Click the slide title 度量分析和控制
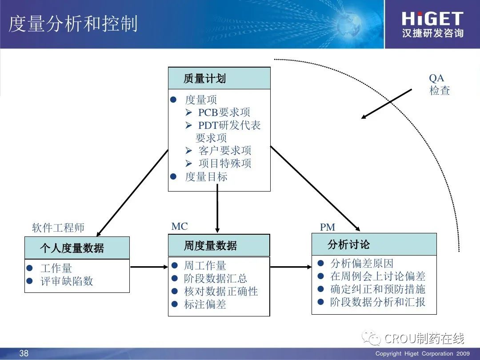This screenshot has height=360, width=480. pyautogui.click(x=73, y=24)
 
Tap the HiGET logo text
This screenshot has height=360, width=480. pyautogui.click(x=432, y=19)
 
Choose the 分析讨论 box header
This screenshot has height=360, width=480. pyautogui.click(x=349, y=244)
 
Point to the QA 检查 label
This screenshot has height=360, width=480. pyautogui.click(x=439, y=84)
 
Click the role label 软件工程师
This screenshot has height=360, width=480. pyautogui.click(x=58, y=228)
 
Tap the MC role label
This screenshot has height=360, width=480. pyautogui.click(x=180, y=226)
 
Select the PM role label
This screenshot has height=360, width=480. pyautogui.click(x=328, y=227)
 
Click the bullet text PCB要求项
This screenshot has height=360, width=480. pyautogui.click(x=224, y=112)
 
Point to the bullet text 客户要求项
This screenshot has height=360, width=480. pyautogui.click(x=224, y=150)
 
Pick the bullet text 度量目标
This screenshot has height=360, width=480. pyautogui.click(x=206, y=176)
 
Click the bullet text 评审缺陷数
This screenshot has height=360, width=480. pyautogui.click(x=67, y=281)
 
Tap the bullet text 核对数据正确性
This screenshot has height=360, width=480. pyautogui.click(x=221, y=292)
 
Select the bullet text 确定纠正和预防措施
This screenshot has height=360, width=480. pyautogui.click(x=378, y=289)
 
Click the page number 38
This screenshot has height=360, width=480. pyautogui.click(x=24, y=353)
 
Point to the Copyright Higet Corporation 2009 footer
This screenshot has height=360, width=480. pyautogui.click(x=422, y=354)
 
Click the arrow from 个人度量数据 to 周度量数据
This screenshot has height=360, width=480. pyautogui.click(x=148, y=267)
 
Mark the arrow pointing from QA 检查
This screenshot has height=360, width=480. pyautogui.click(x=387, y=104)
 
